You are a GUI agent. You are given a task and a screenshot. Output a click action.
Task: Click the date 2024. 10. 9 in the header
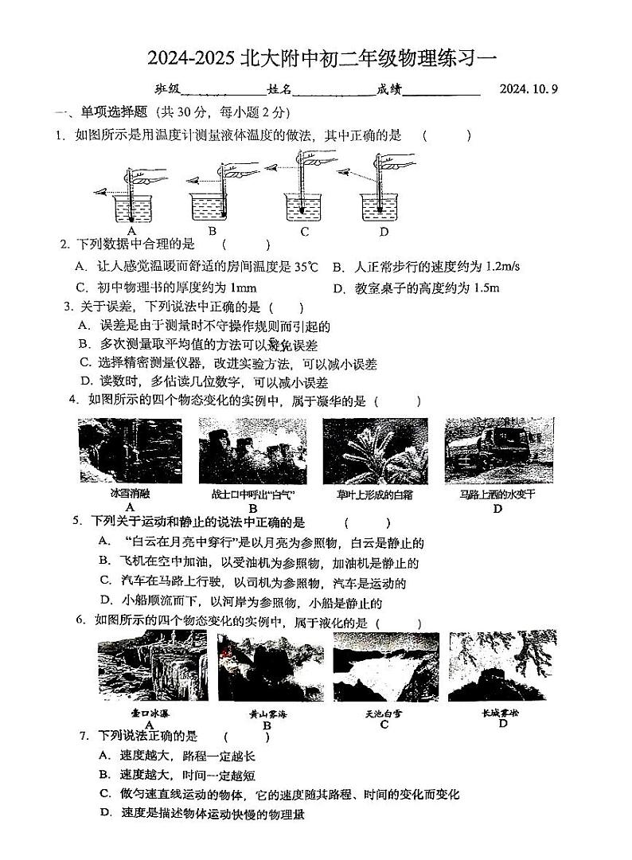point(529,89)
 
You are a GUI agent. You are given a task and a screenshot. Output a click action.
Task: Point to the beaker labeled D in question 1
point(380,208)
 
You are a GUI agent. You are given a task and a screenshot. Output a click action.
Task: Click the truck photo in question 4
point(499,450)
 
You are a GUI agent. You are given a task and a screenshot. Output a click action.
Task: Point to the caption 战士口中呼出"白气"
point(252,494)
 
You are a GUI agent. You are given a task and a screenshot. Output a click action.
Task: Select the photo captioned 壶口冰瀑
point(152,666)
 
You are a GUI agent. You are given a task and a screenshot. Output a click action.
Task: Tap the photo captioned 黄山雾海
point(268,666)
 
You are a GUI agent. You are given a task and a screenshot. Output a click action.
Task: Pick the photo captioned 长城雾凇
point(501,666)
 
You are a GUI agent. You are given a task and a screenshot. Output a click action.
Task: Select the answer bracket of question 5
point(367,522)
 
